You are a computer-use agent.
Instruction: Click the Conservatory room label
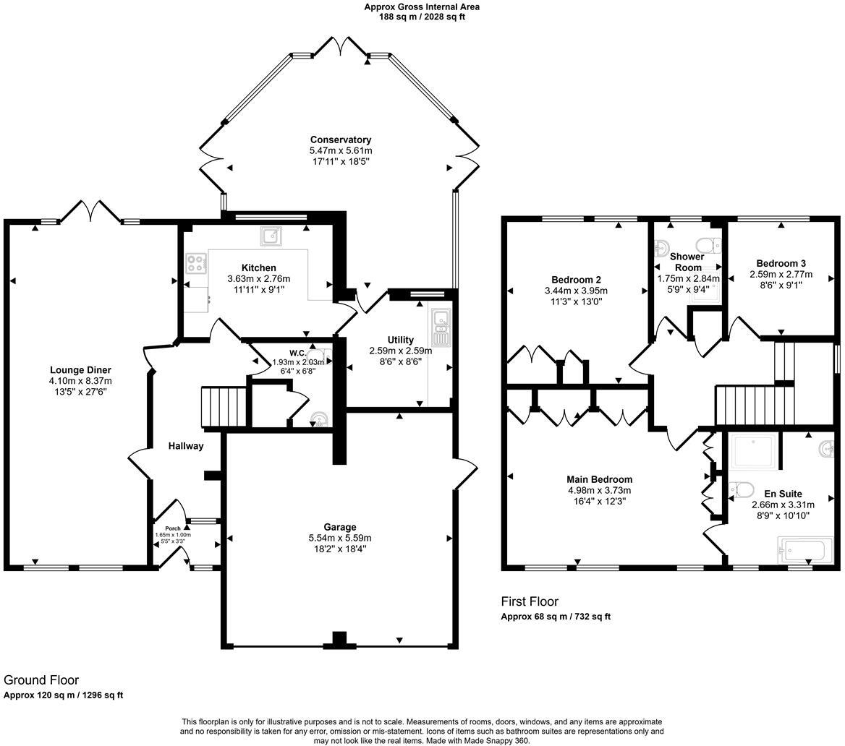[340, 140]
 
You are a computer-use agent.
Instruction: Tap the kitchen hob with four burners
[195, 263]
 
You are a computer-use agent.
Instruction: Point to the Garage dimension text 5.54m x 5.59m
[339, 538]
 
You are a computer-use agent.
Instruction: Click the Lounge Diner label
[80, 370]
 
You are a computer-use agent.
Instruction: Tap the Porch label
[172, 528]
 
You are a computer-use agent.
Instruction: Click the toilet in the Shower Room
[706, 244]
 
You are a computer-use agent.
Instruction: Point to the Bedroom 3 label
[781, 264]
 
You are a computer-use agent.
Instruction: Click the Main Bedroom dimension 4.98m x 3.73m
[599, 490]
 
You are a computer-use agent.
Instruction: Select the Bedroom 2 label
[576, 280]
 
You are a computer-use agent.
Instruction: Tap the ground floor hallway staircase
[224, 406]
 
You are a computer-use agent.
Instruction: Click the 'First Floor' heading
[530, 601]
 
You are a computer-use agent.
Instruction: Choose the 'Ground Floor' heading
[41, 680]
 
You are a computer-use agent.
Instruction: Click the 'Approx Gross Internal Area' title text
[422, 7]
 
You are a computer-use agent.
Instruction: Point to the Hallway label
[186, 446]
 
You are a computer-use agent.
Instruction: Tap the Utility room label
[400, 340]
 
